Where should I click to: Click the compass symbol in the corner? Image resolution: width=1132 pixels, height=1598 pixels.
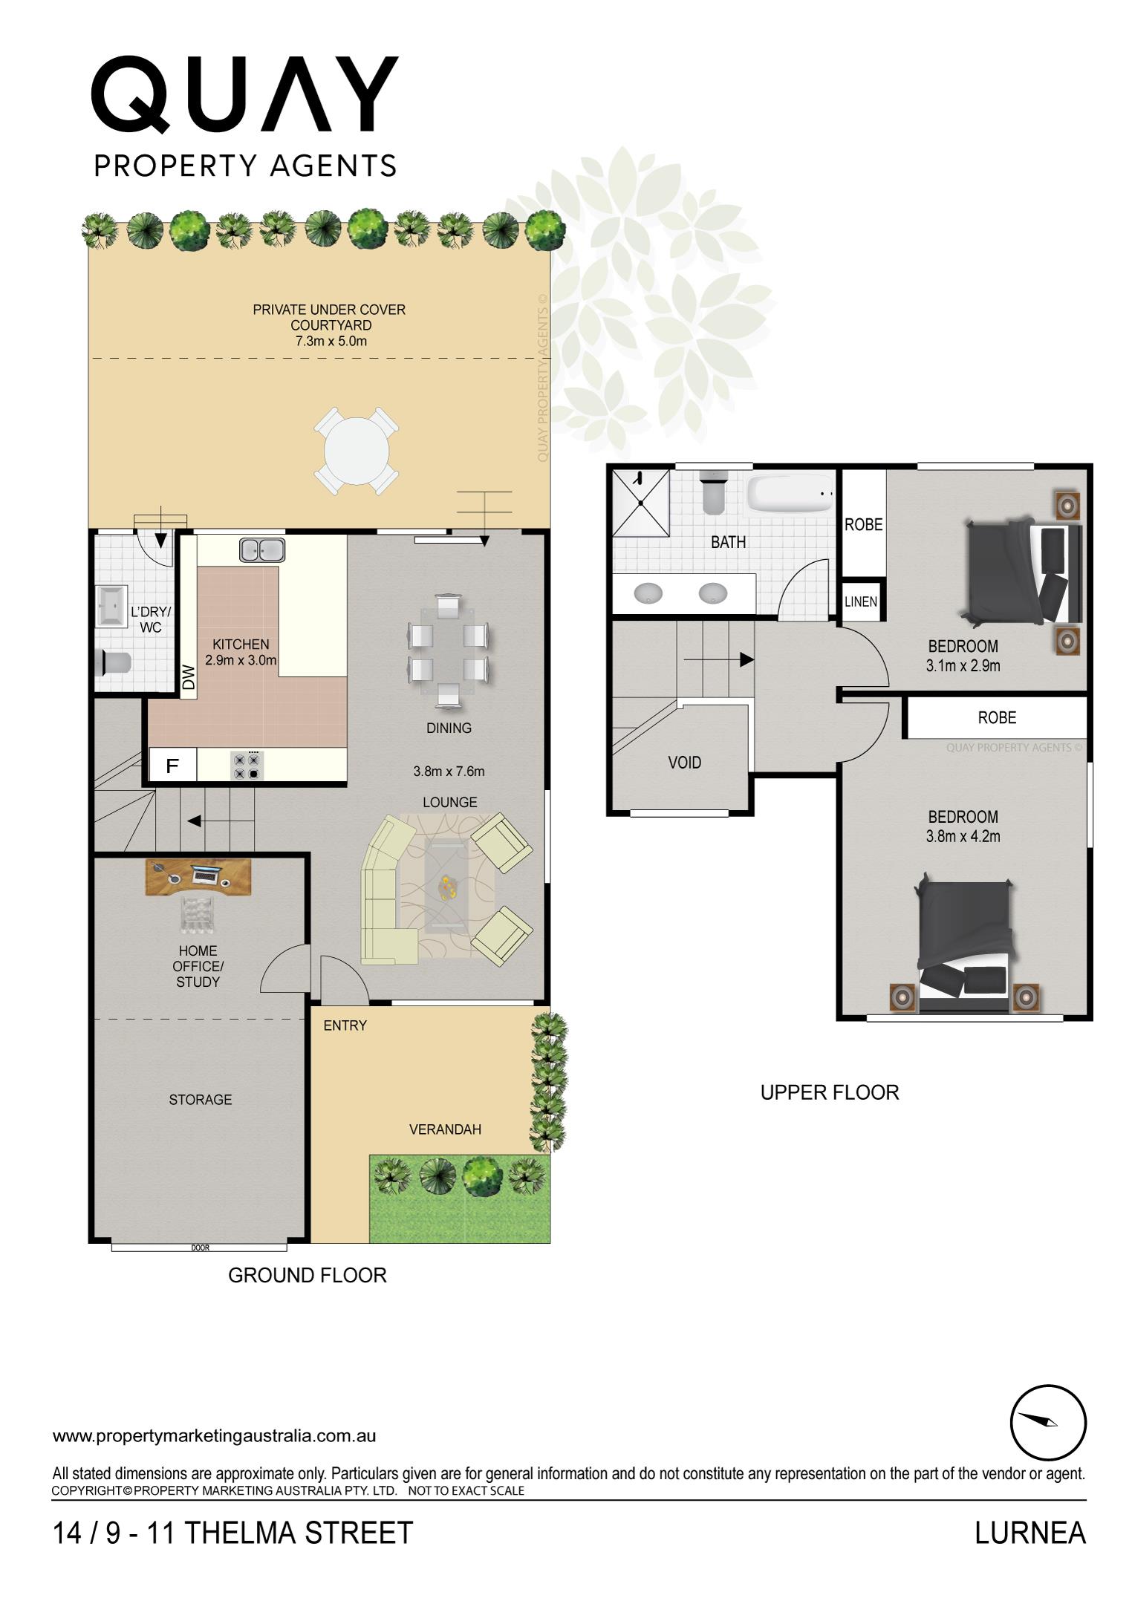pyautogui.click(x=1047, y=1422)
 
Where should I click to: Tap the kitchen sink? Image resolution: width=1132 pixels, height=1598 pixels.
pyautogui.click(x=262, y=549)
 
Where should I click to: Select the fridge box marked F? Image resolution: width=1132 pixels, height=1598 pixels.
pyautogui.click(x=172, y=766)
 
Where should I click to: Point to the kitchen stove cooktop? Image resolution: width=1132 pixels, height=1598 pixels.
pyautogui.click(x=247, y=766)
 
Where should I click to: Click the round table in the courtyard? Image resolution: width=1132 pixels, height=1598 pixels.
pyautogui.click(x=356, y=450)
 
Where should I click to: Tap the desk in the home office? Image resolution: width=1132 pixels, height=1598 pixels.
pyautogui.click(x=198, y=876)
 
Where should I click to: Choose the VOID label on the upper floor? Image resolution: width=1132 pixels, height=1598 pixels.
pyautogui.click(x=684, y=763)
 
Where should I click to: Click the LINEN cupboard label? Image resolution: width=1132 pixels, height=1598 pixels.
pyautogui.click(x=861, y=601)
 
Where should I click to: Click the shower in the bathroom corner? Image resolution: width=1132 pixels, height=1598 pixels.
pyautogui.click(x=640, y=503)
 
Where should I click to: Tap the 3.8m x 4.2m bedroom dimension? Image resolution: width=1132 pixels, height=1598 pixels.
pyautogui.click(x=963, y=836)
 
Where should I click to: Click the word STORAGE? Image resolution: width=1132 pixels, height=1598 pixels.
pyautogui.click(x=200, y=1100)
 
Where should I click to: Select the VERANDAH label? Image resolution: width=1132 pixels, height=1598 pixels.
pyautogui.click(x=445, y=1129)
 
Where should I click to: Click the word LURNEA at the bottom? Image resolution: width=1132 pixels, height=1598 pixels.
pyautogui.click(x=1029, y=1533)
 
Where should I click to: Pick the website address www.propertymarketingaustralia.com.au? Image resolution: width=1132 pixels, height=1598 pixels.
pyautogui.click(x=214, y=1435)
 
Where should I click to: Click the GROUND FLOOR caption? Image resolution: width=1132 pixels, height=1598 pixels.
pyautogui.click(x=307, y=1276)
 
